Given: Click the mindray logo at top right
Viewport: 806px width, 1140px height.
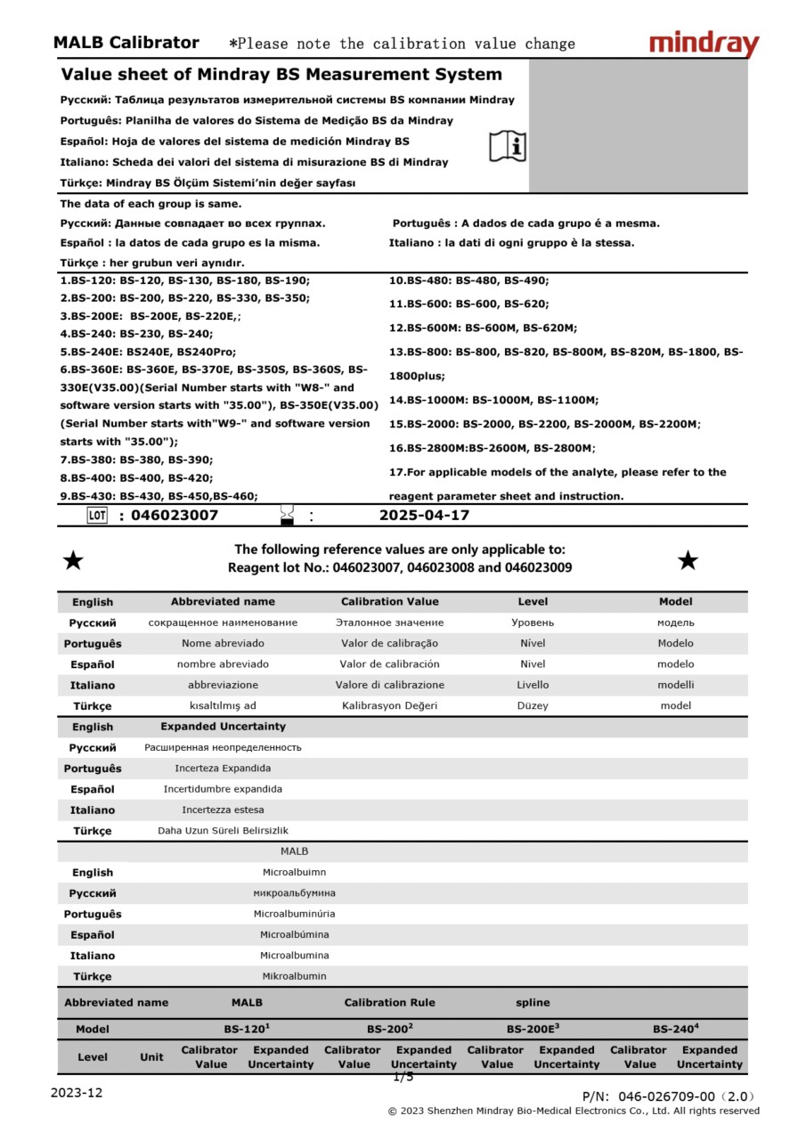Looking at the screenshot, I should tap(704, 44).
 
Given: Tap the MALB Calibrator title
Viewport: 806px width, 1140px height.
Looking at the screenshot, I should tap(126, 43).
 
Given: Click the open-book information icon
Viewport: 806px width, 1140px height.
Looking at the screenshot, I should tap(508, 146).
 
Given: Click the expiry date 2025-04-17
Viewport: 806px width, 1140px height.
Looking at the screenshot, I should tap(424, 516).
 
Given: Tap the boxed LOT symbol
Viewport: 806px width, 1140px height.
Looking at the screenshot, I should tap(97, 516).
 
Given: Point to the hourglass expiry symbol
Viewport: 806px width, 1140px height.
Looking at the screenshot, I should tap(287, 515).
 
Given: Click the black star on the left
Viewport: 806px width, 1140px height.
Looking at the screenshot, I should tap(73, 560).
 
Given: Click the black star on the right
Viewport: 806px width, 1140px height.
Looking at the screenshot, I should tap(688, 560).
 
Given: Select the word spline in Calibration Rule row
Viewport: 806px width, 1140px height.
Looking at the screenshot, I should tap(533, 1003).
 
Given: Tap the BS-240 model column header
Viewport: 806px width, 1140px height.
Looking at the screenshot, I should tap(675, 1029).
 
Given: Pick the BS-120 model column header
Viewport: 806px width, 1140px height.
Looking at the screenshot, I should tap(247, 1029).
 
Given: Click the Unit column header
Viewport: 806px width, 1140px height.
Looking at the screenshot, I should tap(151, 1057).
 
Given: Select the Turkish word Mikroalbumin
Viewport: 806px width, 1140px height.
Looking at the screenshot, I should tap(294, 976).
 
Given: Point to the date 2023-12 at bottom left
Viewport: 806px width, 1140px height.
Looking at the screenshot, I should tap(76, 1093).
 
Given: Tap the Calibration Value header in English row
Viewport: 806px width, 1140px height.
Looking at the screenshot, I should tap(390, 602).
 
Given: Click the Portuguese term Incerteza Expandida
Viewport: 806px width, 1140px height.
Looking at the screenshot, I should tap(223, 768).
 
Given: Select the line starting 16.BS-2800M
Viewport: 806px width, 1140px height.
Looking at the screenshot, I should tap(492, 448).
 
